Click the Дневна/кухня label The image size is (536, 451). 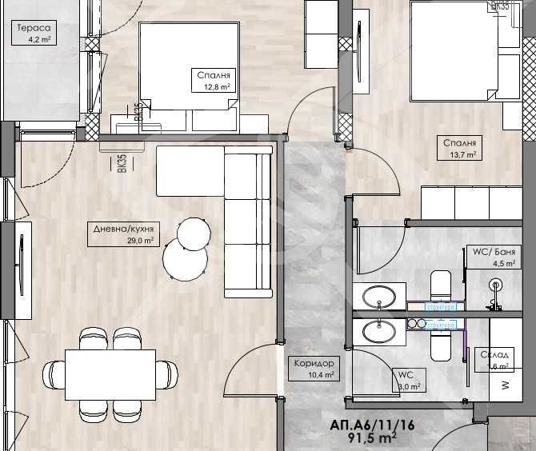tap(123, 227)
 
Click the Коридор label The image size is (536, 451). tap(313, 363)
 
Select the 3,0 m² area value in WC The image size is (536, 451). tap(408, 386)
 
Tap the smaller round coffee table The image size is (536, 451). tap(194, 233)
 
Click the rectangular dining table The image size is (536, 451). tap(110, 373)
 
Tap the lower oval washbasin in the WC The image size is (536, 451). tap(378, 330)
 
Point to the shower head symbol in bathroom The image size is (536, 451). tap(496, 285)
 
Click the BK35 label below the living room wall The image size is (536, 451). tap(122, 163)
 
